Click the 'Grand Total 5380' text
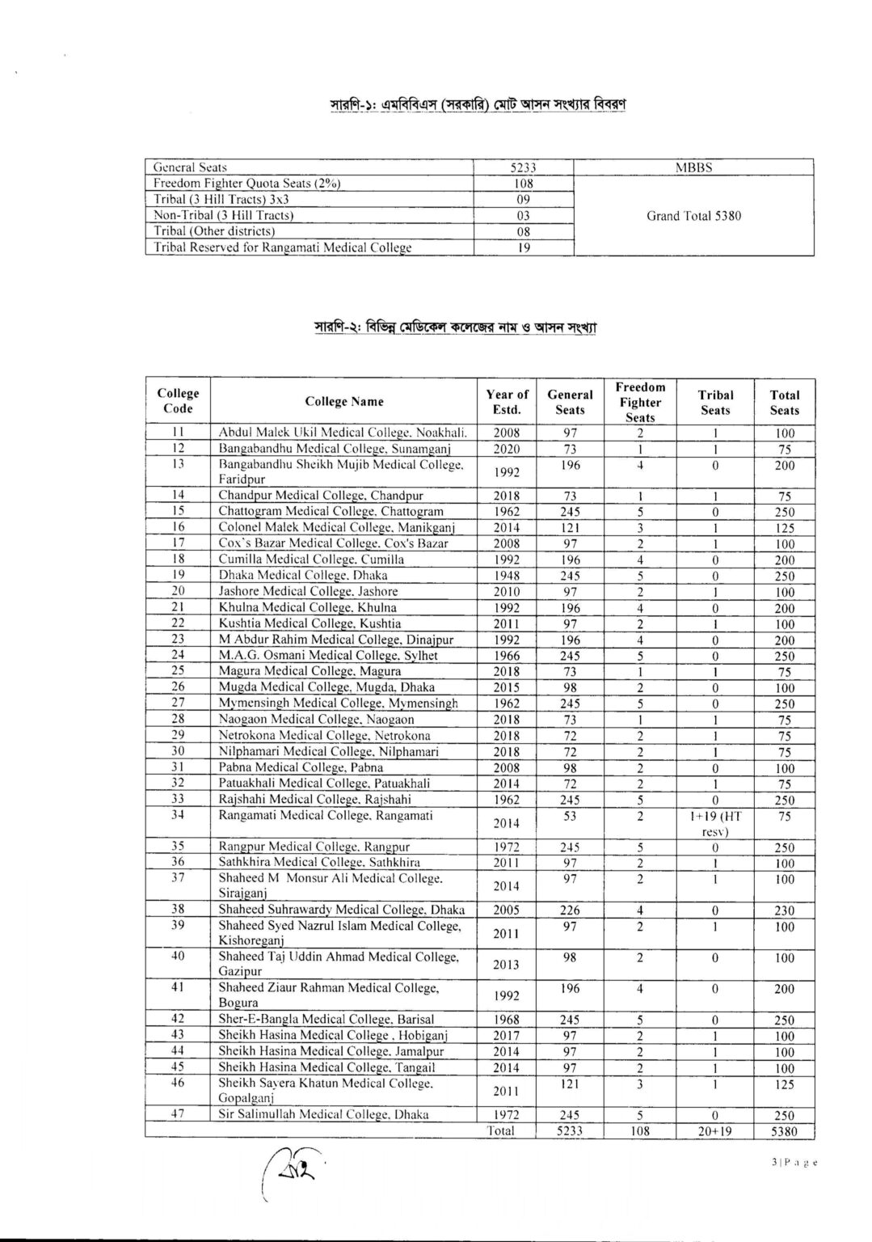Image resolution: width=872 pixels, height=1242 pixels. click(693, 216)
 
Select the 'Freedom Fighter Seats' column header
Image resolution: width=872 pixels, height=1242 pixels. click(640, 402)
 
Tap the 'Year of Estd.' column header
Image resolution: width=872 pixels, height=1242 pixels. click(507, 402)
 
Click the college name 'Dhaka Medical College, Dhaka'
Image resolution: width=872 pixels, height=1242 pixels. click(303, 576)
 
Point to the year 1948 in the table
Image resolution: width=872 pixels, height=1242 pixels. click(507, 576)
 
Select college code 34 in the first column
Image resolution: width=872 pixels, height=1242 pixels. click(178, 815)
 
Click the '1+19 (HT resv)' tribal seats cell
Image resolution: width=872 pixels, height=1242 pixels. click(715, 823)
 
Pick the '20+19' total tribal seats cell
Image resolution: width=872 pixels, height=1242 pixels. click(715, 1130)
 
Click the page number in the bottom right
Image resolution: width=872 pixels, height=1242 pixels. click(794, 1162)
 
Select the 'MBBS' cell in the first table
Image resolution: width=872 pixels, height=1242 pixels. click(693, 167)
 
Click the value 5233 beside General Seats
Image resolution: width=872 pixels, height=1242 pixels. click(524, 167)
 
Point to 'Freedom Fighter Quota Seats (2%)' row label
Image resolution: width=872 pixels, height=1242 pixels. click(247, 184)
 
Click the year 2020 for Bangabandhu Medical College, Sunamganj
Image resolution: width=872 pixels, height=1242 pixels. click(507, 449)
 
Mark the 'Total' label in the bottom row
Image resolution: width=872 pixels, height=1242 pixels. click(501, 1130)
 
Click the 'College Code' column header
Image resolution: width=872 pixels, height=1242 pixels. click(178, 402)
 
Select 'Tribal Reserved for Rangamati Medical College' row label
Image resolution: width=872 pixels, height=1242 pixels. click(283, 247)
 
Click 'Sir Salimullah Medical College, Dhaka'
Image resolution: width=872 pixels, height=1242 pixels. click(323, 1114)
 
